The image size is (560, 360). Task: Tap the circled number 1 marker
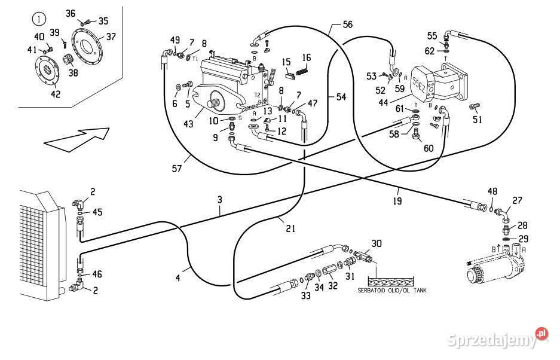click(40, 19)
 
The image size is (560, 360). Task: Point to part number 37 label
click(111, 36)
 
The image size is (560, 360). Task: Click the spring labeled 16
click(304, 72)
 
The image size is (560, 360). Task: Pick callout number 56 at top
click(347, 25)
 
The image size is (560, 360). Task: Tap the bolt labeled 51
click(476, 108)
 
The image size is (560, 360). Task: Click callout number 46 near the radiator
click(97, 274)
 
